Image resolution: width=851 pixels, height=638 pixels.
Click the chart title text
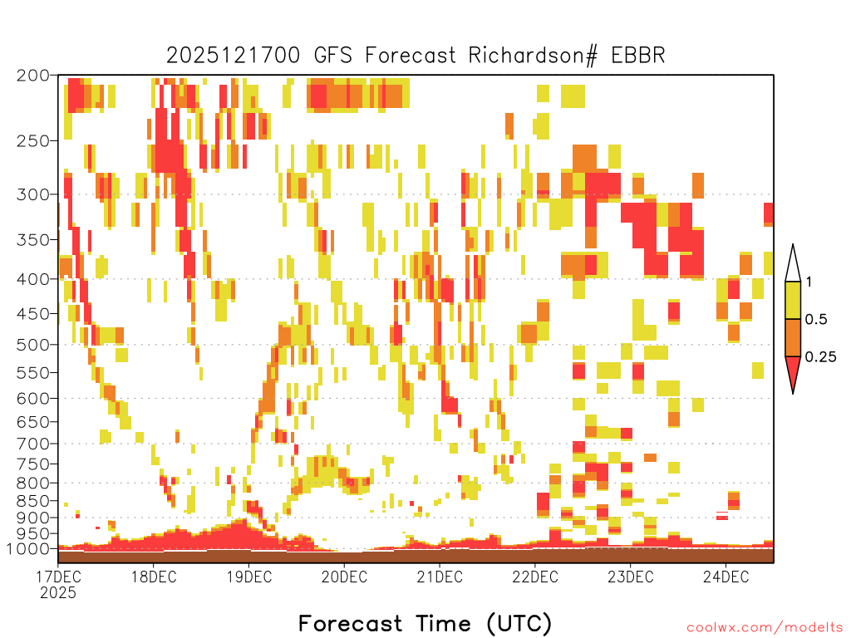pyautogui.click(x=416, y=56)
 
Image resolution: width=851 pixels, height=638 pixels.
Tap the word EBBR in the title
pyautogui.click(x=637, y=56)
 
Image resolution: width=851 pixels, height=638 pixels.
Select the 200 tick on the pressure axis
pyautogui.click(x=33, y=76)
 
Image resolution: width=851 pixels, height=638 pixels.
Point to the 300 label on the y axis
pyautogui.click(x=33, y=194)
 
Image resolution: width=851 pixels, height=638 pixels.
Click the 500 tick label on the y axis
pyautogui.click(x=33, y=345)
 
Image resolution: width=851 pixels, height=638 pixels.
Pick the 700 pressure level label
pyautogui.click(x=33, y=444)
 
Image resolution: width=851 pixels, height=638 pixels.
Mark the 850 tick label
pyautogui.click(x=33, y=500)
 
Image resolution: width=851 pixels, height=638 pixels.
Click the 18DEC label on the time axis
pyautogui.click(x=154, y=577)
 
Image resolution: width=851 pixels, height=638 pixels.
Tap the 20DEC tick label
pyautogui.click(x=344, y=577)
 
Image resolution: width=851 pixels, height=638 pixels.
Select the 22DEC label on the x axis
pyautogui.click(x=535, y=577)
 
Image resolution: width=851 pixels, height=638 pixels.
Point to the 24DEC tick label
pyautogui.click(x=726, y=577)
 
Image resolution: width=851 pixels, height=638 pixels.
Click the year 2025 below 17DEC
pyautogui.click(x=58, y=592)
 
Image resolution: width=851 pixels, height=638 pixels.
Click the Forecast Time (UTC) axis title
pyautogui.click(x=425, y=624)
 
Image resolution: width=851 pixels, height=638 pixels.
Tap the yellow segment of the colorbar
pyautogui.click(x=793, y=300)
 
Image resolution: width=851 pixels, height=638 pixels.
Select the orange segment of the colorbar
pyautogui.click(x=793, y=337)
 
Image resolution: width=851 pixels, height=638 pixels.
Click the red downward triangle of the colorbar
pyautogui.click(x=793, y=371)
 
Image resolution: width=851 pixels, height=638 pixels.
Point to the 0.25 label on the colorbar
pyautogui.click(x=820, y=356)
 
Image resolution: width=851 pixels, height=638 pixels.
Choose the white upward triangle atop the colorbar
pyautogui.click(x=793, y=267)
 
